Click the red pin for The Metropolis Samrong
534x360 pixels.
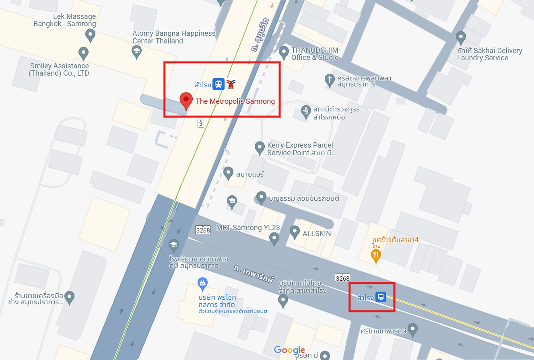[186, 101]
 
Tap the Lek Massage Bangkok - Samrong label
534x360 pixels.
[65, 20]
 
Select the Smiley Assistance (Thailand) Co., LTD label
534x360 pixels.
[59, 70]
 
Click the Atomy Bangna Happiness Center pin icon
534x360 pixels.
[137, 50]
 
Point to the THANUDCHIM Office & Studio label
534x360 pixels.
[315, 53]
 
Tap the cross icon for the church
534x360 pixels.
[330, 79]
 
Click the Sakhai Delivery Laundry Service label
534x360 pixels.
[489, 54]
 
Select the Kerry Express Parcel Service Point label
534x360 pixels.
[301, 149]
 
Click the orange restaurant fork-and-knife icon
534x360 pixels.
[376, 255]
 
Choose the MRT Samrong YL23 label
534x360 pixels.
[248, 228]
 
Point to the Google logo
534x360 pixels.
[289, 350]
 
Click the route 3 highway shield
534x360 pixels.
[200, 123]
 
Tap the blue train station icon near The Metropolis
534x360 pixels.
[219, 84]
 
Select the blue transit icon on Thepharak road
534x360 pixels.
[381, 298]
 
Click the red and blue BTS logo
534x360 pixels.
[231, 84]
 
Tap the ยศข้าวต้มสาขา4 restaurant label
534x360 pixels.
[395, 240]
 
